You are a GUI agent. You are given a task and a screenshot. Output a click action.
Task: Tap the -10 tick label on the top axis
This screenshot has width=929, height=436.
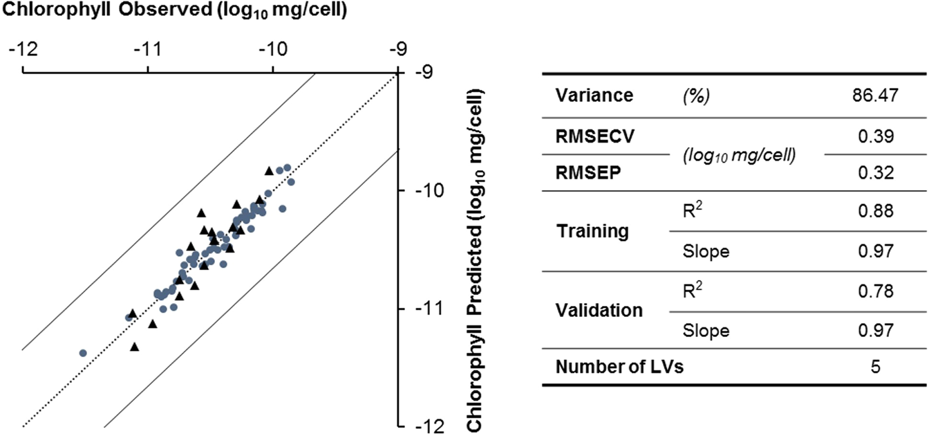[x=273, y=51]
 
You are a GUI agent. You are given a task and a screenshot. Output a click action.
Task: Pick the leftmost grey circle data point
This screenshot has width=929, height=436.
[x=83, y=353]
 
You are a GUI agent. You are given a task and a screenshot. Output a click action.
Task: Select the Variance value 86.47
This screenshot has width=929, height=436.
[x=875, y=96]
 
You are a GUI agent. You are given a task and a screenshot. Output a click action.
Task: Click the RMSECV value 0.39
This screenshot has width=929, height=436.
[x=875, y=135]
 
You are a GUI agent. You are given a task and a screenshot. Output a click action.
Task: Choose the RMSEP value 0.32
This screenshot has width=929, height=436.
[x=875, y=173]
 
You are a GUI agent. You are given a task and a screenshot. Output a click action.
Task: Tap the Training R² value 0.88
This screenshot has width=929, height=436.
[x=875, y=212]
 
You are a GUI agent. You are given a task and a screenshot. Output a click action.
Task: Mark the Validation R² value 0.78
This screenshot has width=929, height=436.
[x=875, y=291]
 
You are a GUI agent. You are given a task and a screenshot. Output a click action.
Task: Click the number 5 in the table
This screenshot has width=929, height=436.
[x=875, y=367]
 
